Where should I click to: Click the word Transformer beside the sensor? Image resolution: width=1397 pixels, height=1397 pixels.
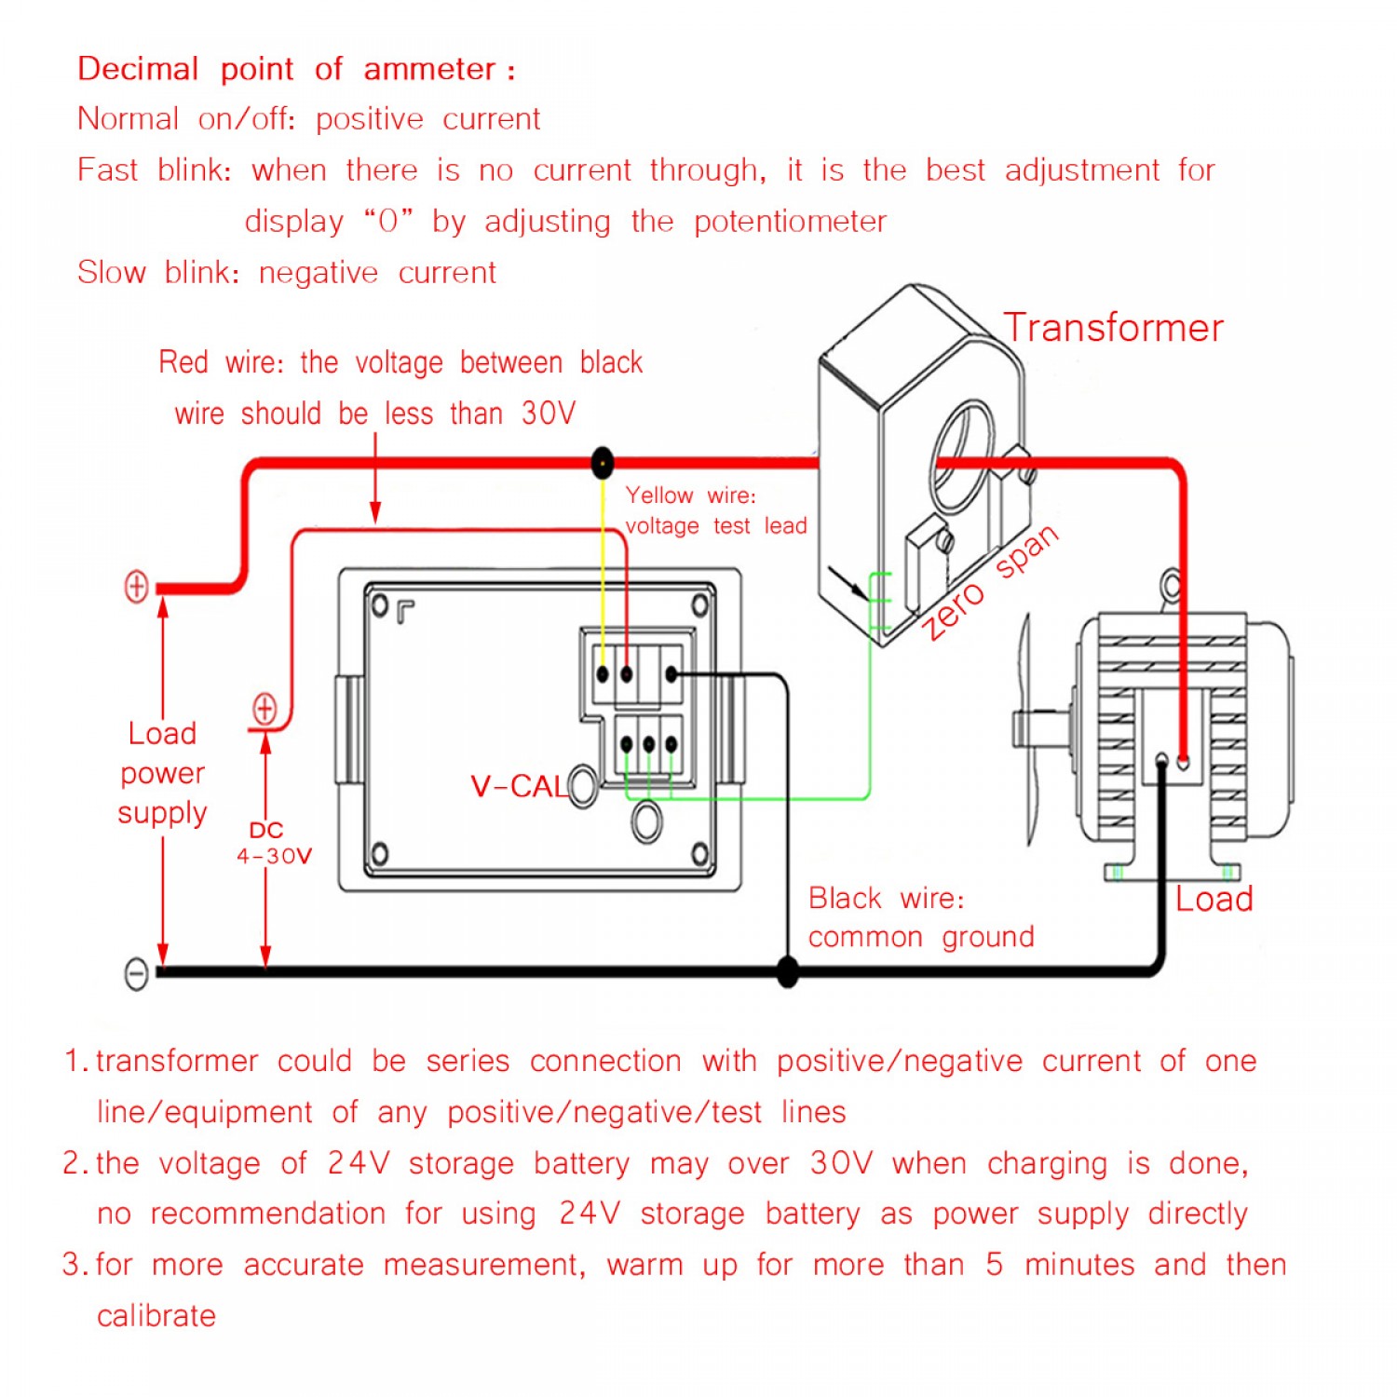coord(1113,328)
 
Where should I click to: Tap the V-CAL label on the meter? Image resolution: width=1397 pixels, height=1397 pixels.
coord(518,786)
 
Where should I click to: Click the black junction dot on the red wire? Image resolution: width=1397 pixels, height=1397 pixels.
coord(603,462)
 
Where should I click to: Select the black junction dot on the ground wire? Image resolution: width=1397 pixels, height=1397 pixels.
coord(787,971)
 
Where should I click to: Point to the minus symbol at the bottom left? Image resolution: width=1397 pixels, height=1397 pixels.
coord(136,973)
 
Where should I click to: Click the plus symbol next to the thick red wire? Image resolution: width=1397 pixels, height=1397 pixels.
coord(137,587)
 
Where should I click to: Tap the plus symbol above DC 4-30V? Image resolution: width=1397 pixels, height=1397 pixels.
coord(265,709)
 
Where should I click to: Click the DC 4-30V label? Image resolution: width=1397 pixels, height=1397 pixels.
coord(273,843)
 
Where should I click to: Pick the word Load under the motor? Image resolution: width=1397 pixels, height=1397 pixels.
coord(1214,899)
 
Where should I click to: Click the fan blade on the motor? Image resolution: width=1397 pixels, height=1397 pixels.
coord(1028,726)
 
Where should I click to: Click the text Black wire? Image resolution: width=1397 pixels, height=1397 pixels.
coord(886,898)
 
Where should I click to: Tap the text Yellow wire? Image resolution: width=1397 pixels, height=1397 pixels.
coord(690,495)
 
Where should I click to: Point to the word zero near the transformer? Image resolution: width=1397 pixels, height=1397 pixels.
coord(953,610)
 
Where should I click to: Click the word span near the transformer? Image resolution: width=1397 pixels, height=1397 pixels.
coord(1026,552)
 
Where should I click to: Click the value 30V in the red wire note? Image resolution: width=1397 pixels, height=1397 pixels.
coord(549,413)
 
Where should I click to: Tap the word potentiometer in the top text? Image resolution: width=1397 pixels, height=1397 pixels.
coord(790,222)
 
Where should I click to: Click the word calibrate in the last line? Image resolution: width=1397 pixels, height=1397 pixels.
coord(156,1315)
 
